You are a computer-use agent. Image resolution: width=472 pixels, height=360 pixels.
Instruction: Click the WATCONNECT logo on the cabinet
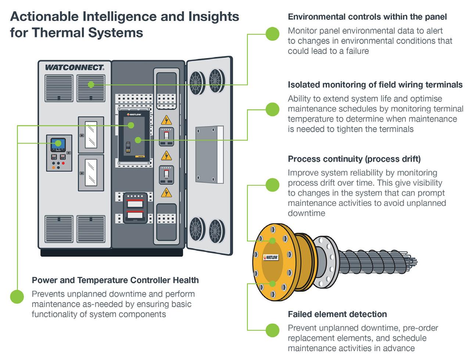74,67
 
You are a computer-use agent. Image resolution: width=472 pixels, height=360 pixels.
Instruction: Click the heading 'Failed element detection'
337,314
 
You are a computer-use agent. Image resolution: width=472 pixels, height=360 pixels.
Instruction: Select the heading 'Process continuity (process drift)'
354,159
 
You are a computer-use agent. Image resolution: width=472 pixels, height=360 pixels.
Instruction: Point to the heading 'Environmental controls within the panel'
367,17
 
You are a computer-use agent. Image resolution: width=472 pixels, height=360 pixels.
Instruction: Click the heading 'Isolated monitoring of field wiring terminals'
375,85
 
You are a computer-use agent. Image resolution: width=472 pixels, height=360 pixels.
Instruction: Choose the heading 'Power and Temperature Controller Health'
115,280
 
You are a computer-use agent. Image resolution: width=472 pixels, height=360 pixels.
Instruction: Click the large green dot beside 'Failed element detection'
272,330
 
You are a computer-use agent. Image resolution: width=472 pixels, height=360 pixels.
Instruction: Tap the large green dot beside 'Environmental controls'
272,34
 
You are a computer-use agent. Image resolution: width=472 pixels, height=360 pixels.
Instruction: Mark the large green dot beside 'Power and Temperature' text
17,296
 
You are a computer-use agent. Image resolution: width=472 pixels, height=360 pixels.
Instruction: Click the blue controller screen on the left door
58,144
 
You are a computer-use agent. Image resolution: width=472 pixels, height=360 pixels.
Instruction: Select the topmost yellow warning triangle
167,120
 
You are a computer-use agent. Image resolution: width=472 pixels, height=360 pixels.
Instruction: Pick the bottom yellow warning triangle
167,192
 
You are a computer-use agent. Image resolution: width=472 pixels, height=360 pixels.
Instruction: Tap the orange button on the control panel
54,167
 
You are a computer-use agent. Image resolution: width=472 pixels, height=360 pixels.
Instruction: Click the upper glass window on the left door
91,135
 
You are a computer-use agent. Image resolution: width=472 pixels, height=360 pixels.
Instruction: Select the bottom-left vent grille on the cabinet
59,229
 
